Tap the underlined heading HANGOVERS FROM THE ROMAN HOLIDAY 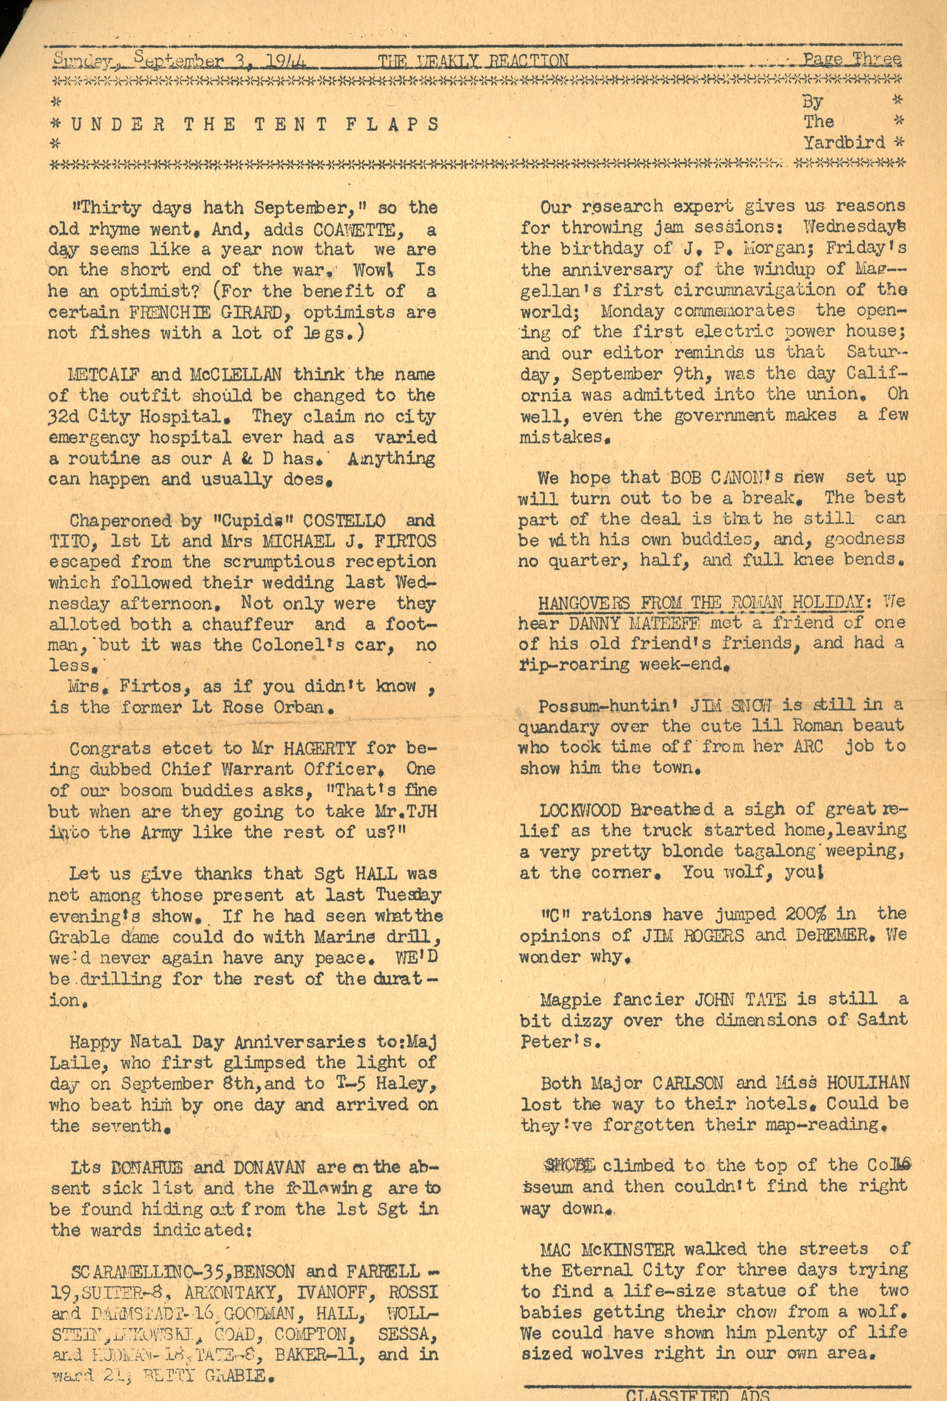(x=700, y=602)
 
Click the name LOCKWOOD (x=580, y=810)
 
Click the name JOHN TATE (x=740, y=999)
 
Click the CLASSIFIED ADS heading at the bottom (x=698, y=1394)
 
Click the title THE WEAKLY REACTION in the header (x=473, y=61)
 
